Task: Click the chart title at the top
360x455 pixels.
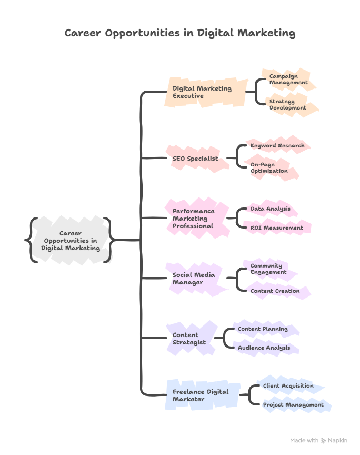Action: point(179,33)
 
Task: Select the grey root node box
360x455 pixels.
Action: point(71,240)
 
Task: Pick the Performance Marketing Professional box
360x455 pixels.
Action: point(196,218)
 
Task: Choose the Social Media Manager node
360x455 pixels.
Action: point(195,278)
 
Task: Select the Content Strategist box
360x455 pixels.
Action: point(191,338)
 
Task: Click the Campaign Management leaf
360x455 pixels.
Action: point(288,80)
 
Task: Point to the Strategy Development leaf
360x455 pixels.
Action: point(288,104)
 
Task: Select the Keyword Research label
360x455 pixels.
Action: point(277,145)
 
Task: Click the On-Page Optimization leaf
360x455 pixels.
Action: point(270,167)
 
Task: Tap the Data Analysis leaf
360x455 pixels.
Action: point(271,209)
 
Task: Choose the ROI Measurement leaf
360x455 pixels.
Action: point(277,227)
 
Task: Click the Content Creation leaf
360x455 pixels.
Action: point(275,291)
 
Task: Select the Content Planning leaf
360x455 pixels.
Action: point(263,329)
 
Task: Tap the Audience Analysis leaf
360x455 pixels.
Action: point(264,348)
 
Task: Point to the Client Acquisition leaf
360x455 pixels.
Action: point(288,385)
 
